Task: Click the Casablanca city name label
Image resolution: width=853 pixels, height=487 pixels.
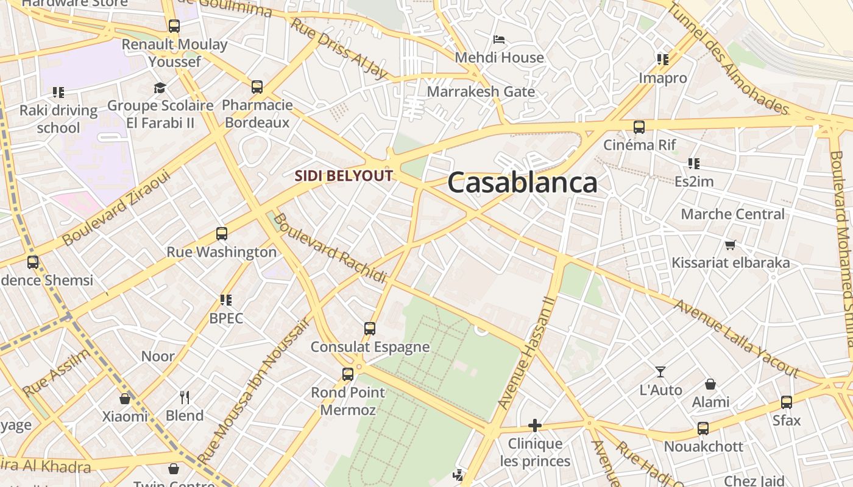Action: (522, 183)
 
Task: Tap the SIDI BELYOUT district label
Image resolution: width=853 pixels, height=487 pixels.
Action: (344, 176)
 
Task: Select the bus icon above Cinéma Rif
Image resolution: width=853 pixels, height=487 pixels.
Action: (639, 127)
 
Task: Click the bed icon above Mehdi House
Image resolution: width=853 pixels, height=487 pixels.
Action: (499, 40)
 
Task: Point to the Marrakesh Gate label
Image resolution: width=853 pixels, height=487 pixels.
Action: (481, 92)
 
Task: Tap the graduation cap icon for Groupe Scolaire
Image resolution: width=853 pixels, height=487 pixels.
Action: (160, 88)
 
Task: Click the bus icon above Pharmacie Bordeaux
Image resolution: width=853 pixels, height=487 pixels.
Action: (257, 87)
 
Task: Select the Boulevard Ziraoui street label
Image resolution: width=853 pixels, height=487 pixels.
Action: (116, 208)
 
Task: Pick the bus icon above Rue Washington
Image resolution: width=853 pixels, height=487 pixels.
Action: (222, 234)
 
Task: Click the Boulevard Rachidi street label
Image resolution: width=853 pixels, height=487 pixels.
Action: (330, 248)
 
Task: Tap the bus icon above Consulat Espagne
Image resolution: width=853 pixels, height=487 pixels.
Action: (370, 329)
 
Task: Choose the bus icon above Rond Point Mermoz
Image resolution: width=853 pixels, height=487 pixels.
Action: (348, 374)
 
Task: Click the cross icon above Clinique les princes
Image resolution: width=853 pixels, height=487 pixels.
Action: (535, 426)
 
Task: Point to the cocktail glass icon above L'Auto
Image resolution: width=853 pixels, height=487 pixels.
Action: (660, 371)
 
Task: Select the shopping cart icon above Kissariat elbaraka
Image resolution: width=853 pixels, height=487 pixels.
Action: (730, 245)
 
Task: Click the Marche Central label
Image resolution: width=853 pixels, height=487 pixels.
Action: (732, 214)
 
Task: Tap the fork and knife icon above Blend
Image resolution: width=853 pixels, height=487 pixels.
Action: (185, 398)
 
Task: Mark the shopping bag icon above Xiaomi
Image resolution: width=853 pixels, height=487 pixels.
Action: (125, 399)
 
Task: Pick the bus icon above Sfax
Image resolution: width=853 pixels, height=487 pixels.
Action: (787, 402)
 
